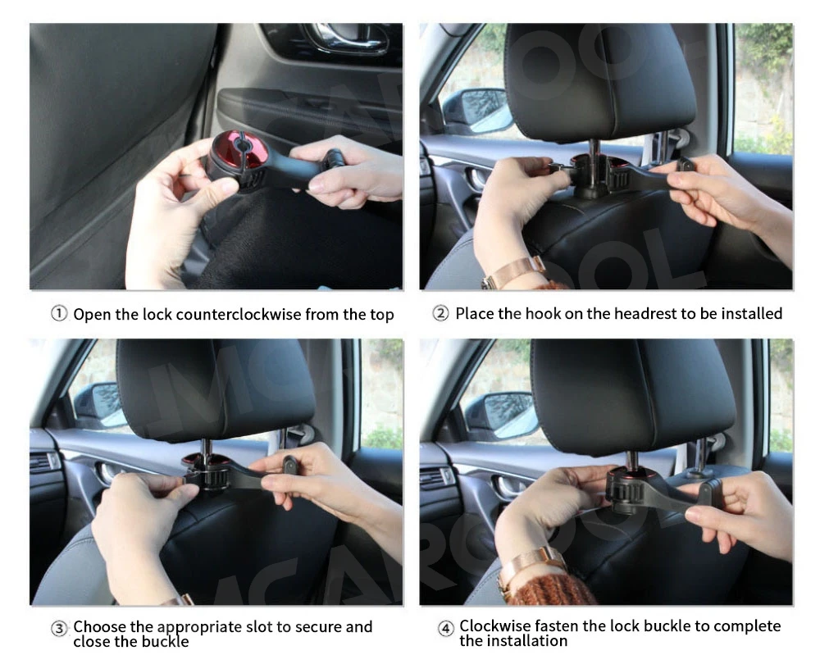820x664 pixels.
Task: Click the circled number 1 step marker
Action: point(58,314)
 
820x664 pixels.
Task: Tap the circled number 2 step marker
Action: point(441,314)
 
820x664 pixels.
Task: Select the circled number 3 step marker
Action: point(59,629)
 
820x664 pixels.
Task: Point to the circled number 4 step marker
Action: point(445,628)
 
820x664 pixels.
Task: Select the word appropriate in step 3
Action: point(199,627)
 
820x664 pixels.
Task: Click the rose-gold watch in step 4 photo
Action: point(528,567)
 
